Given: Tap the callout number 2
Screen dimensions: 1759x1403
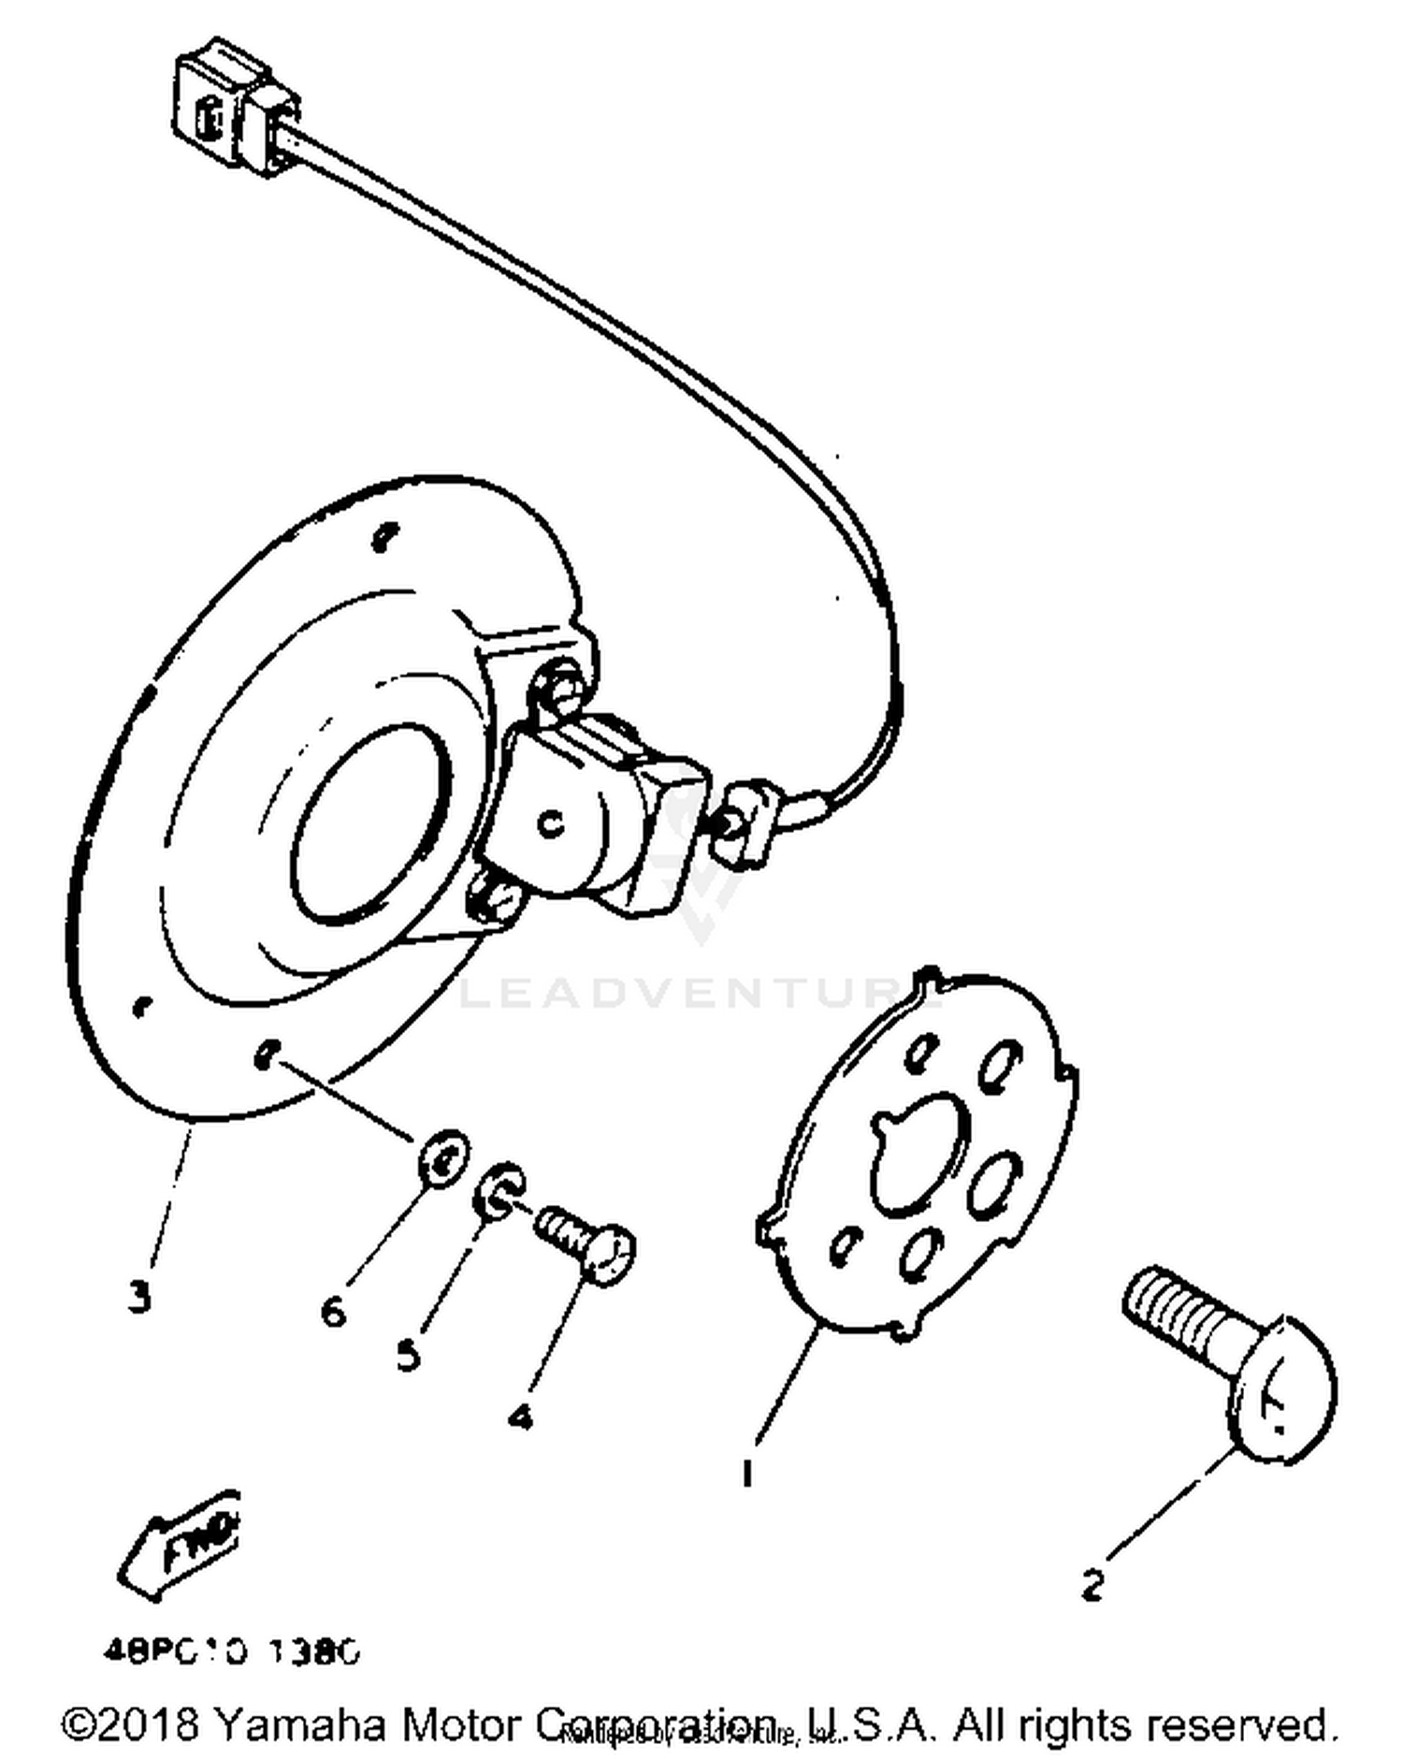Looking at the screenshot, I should [1092, 1585].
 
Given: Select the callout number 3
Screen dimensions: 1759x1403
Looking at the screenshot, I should [139, 1298].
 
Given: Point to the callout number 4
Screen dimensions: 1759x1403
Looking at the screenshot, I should [521, 1417].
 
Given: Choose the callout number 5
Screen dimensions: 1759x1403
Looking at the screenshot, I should [408, 1354].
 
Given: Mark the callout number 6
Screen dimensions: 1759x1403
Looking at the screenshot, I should [333, 1311].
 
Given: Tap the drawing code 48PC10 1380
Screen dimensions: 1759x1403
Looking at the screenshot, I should [231, 1652].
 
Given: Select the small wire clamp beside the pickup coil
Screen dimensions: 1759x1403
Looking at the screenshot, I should [745, 821].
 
